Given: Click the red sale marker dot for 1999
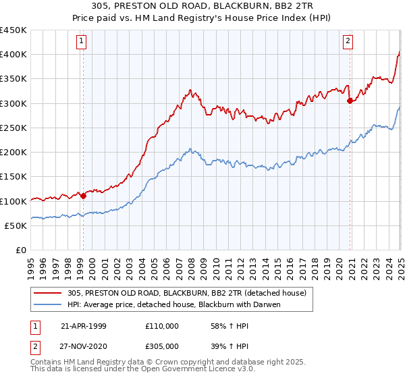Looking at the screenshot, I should coord(84,196).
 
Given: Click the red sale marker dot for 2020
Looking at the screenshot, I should coord(350,101).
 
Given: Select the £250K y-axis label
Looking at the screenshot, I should coord(13,128).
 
